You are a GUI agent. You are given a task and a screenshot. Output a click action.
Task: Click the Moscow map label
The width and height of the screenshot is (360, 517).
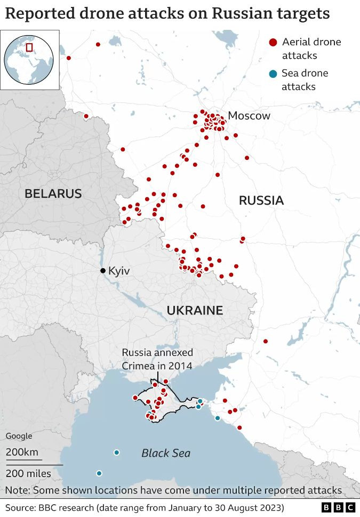click(249, 116)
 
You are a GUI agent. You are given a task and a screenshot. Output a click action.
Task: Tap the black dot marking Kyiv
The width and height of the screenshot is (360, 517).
click(103, 271)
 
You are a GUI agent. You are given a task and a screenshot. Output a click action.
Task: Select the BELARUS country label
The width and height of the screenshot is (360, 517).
click(53, 193)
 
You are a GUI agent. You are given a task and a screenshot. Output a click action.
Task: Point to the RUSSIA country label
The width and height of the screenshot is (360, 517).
click(261, 200)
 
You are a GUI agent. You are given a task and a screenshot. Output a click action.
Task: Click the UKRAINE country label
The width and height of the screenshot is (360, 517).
click(195, 310)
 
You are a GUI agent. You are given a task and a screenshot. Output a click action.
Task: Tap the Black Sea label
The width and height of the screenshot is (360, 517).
click(166, 453)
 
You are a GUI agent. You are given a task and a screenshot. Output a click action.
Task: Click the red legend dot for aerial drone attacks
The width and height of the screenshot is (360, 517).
click(273, 42)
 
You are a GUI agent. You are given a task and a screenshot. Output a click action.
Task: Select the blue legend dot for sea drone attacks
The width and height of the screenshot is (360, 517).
click(273, 74)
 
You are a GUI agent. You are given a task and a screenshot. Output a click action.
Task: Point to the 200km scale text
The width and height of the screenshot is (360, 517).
click(22, 453)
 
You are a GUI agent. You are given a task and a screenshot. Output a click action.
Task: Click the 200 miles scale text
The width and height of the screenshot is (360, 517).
click(28, 473)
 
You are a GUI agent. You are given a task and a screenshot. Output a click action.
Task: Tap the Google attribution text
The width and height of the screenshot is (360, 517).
click(19, 436)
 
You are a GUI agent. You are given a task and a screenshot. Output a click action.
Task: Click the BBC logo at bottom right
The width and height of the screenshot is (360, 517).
click(339, 507)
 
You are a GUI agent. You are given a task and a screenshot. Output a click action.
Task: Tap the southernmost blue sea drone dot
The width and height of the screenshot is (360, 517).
click(99, 473)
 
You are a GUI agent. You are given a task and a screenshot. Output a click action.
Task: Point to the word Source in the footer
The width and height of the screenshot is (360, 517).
click(20, 507)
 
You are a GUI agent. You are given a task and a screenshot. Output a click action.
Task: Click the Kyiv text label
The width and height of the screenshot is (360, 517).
click(119, 271)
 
